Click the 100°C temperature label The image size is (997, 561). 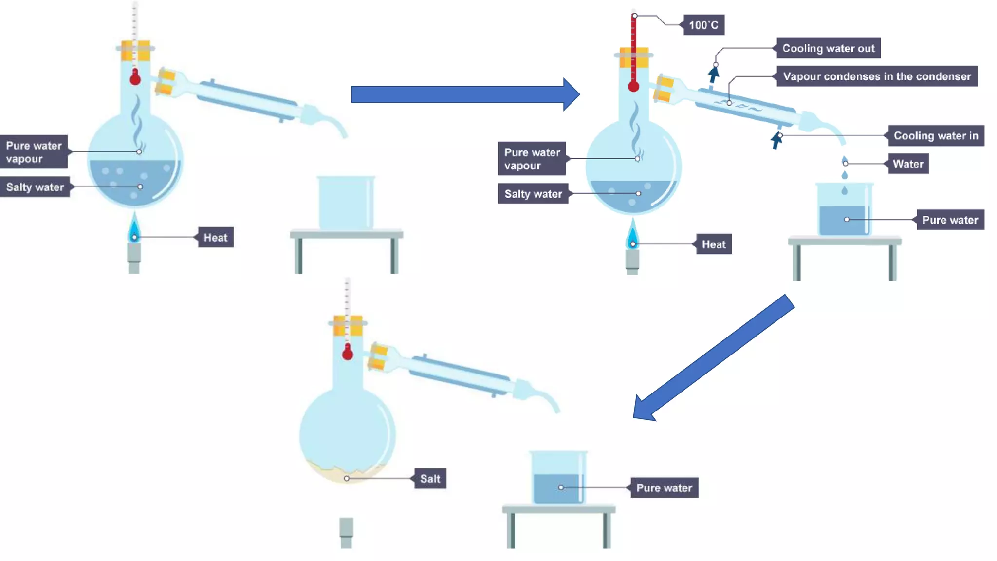[x=703, y=25]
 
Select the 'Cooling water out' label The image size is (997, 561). [x=828, y=48]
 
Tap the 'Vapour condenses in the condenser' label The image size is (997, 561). [x=877, y=76]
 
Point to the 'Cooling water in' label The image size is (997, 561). [x=936, y=136]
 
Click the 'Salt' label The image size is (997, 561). [x=430, y=479]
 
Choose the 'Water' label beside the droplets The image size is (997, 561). [x=908, y=164]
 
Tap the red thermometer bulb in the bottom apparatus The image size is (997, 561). [x=347, y=353]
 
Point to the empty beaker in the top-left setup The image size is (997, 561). [x=346, y=203]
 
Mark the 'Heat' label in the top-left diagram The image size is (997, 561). [x=215, y=238]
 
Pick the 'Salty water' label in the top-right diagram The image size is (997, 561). [x=533, y=194]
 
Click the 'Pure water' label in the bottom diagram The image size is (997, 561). [x=664, y=488]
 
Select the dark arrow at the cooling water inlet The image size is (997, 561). [x=776, y=141]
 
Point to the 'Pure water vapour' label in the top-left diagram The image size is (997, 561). [x=34, y=152]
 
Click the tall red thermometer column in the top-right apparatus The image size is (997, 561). [x=633, y=49]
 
